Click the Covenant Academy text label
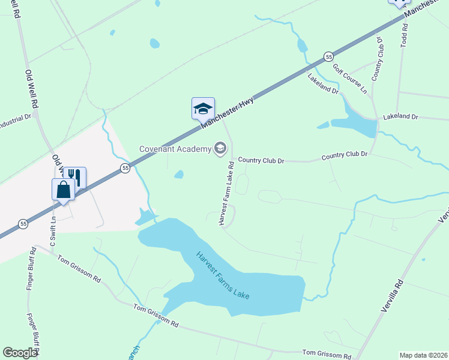coord(175,149)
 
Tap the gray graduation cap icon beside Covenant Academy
coord(220,148)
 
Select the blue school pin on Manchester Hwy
coord(203,109)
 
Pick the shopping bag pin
coord(64,190)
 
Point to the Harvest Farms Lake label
coord(222,276)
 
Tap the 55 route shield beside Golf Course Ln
coord(328,56)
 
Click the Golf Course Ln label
coord(349,79)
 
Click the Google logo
coord(20,353)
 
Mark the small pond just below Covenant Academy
coord(179,175)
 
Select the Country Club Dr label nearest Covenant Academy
coord(261,161)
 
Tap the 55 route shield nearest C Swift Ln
coord(23,223)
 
